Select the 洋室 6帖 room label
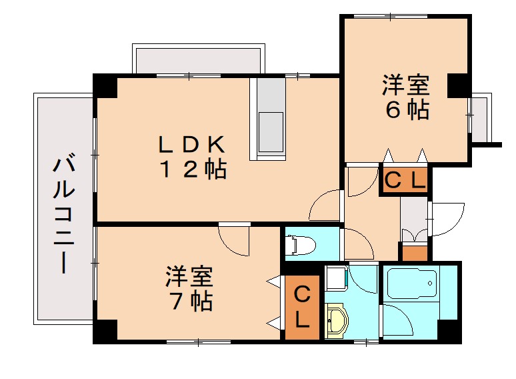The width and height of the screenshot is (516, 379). [x=406, y=97]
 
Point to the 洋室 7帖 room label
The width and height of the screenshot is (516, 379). [x=189, y=288]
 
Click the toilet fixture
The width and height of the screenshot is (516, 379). [x=301, y=245]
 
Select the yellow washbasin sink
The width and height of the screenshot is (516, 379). [x=336, y=321]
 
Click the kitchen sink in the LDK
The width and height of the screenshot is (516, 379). [x=271, y=131]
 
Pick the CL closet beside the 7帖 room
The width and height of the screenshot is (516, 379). [x=302, y=307]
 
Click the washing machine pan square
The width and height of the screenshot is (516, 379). [x=336, y=278]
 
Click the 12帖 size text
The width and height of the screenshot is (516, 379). [x=193, y=169]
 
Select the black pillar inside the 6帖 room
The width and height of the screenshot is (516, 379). [x=457, y=85]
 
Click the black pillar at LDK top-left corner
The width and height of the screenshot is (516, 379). [x=105, y=85]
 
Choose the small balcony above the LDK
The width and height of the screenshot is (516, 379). [x=199, y=59]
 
